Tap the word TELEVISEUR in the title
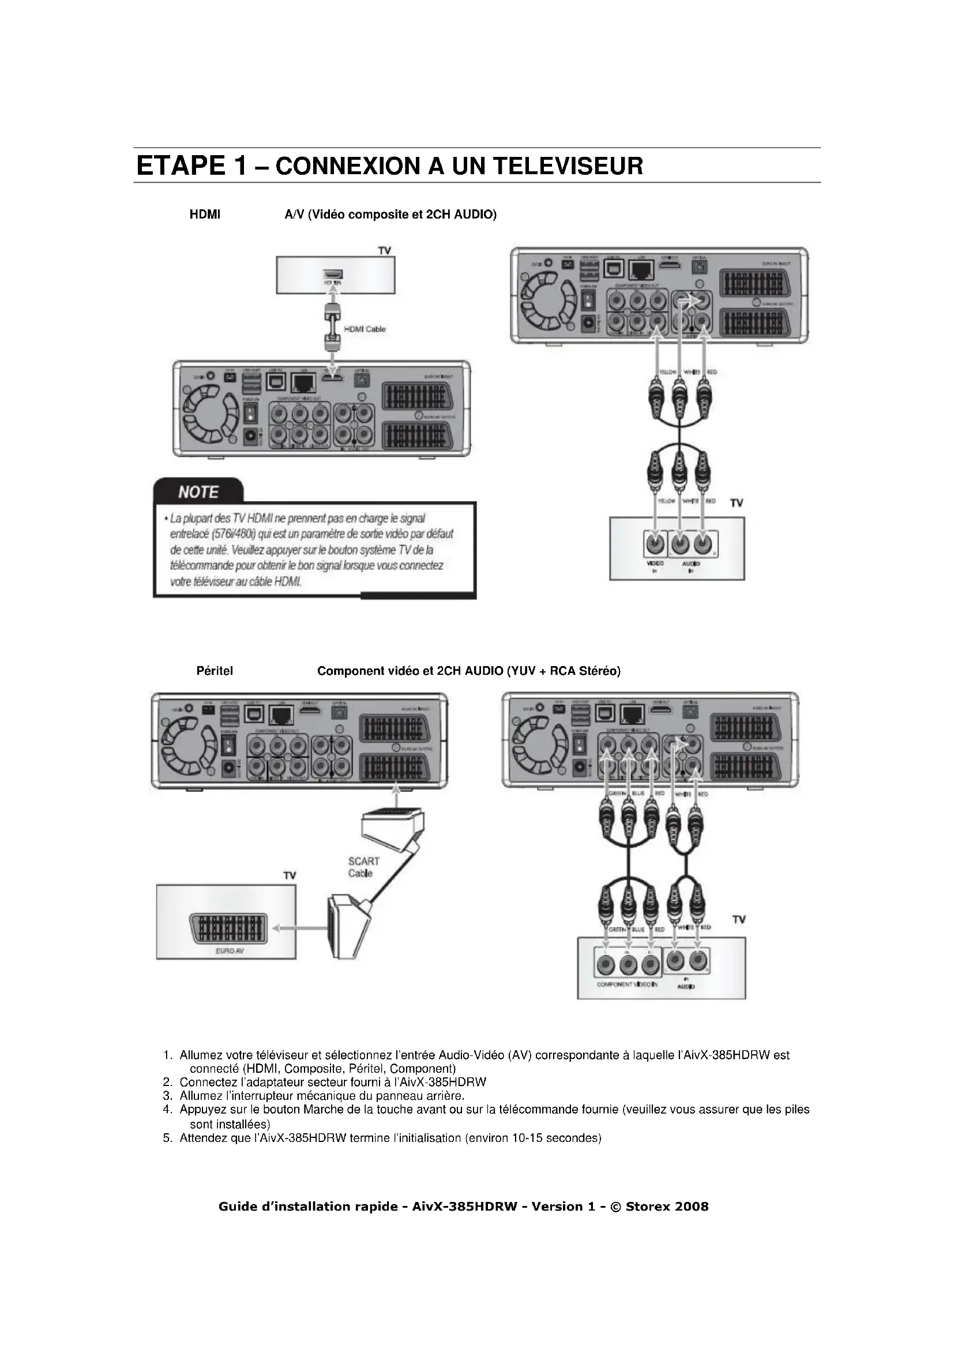tap(568, 166)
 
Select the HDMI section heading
tap(204, 215)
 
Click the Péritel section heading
tap(215, 671)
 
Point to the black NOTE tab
tap(198, 491)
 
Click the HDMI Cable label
tap(364, 329)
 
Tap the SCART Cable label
tap(363, 867)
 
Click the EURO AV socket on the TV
tap(226, 929)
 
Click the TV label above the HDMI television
tap(385, 251)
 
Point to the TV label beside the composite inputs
tap(737, 503)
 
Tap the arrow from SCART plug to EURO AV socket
tap(299, 929)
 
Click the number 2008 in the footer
tap(692, 1207)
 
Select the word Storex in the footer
tap(646, 1207)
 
